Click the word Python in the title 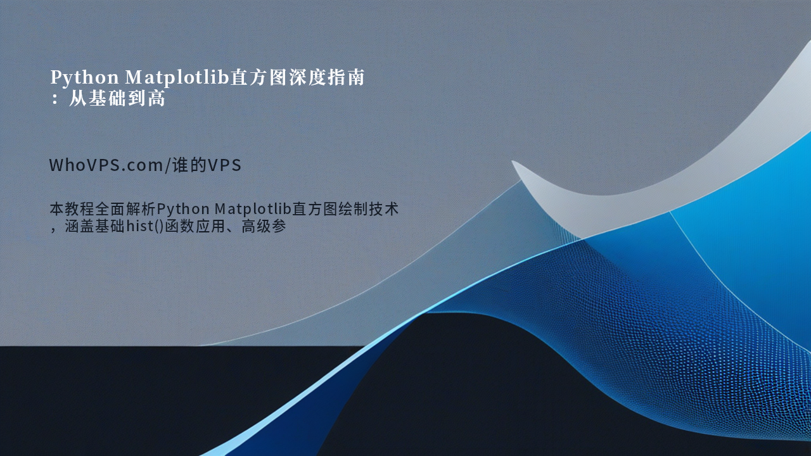click(x=84, y=78)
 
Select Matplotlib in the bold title click(x=177, y=78)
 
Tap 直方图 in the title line click(x=259, y=77)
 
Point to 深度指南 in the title click(x=326, y=77)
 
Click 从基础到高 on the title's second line click(x=117, y=98)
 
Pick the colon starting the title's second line click(x=54, y=99)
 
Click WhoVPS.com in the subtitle click(x=106, y=165)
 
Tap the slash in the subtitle click(x=167, y=165)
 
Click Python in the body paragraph click(x=183, y=210)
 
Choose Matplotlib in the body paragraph click(x=253, y=209)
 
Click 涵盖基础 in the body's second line click(x=95, y=226)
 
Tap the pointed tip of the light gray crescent click(x=513, y=161)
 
